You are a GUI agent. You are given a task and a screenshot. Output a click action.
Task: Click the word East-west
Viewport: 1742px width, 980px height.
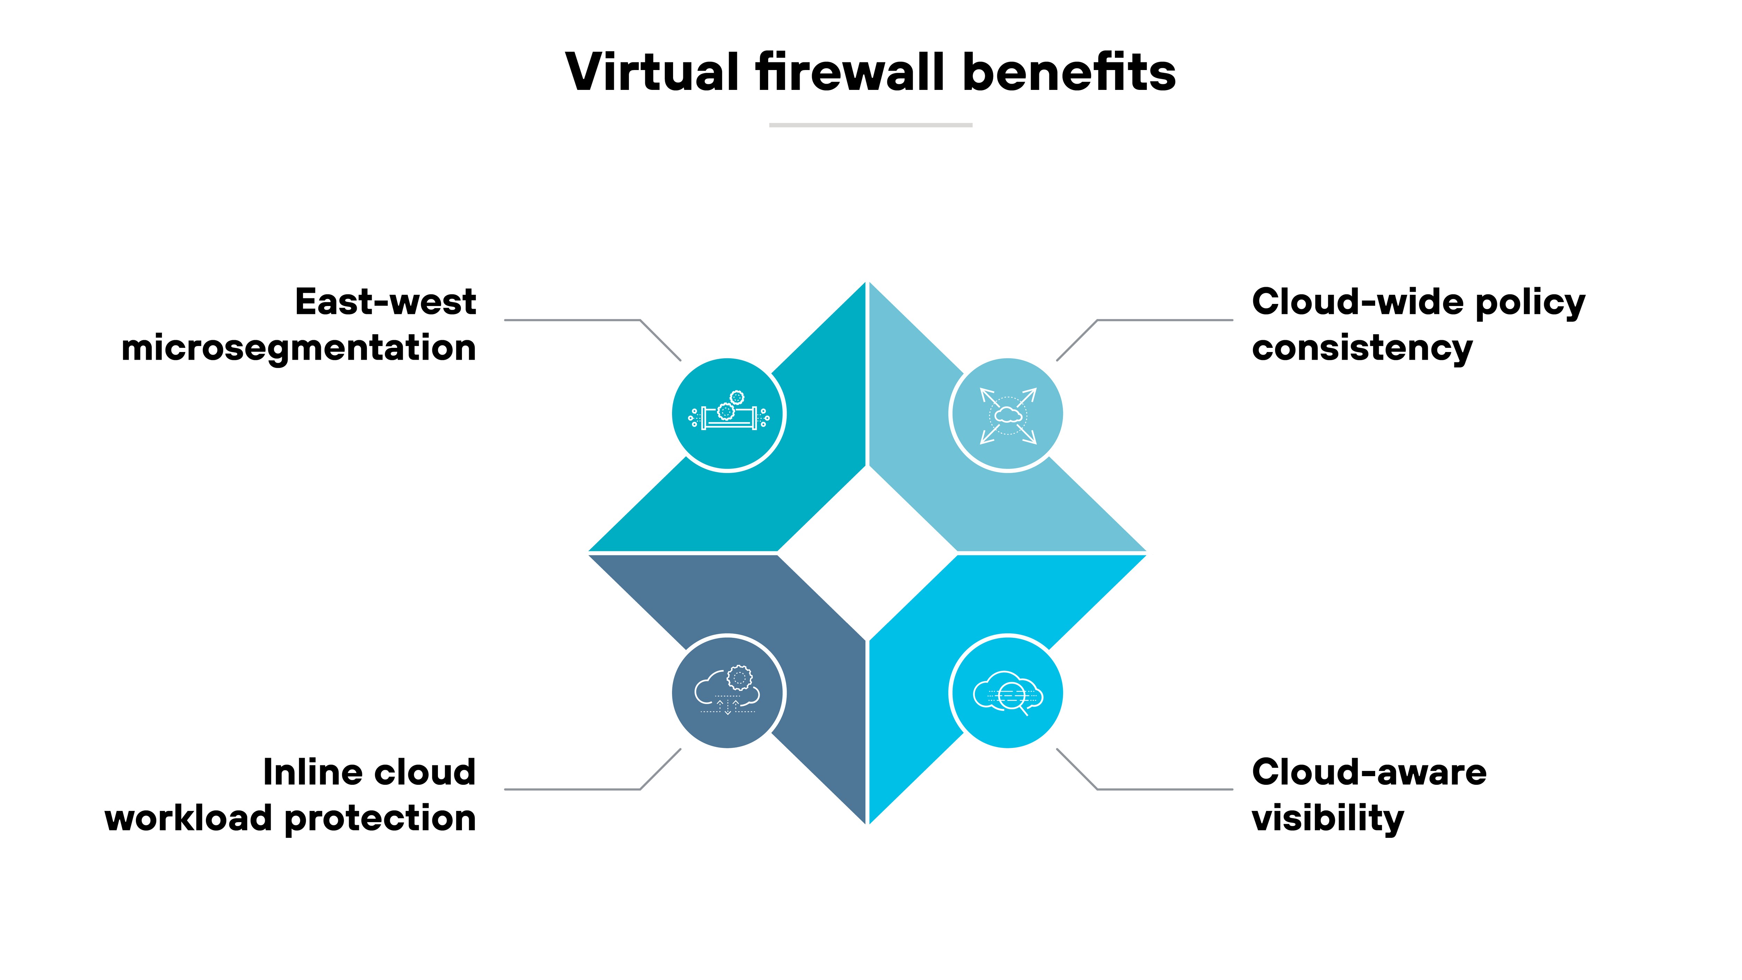point(385,302)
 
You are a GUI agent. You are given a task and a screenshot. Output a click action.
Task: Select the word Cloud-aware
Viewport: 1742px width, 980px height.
point(1369,772)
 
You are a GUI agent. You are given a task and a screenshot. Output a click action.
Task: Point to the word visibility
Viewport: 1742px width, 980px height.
point(1327,818)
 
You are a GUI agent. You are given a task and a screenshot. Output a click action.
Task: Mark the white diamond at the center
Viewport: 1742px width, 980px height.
point(868,553)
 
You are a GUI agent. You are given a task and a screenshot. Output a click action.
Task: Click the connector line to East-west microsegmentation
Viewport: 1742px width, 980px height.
point(572,320)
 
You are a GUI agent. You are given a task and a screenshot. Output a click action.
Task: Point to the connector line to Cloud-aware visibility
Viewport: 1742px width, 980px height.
point(1163,789)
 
